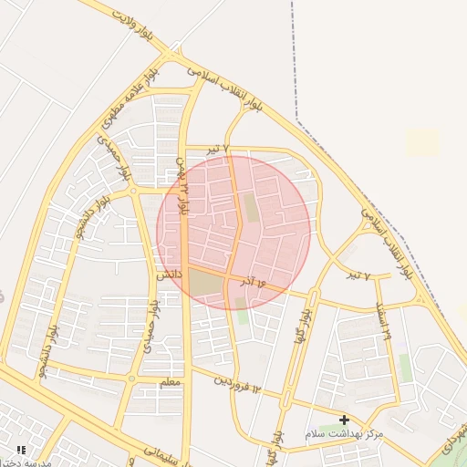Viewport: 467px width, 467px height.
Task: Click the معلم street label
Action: (x=170, y=383)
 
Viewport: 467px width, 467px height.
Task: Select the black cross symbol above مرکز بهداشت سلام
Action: (x=344, y=420)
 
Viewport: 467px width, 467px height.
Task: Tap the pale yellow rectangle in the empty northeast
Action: (x=421, y=142)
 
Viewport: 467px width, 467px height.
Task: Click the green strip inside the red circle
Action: (x=251, y=208)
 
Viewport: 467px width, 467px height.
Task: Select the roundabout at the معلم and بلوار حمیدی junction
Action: (x=133, y=378)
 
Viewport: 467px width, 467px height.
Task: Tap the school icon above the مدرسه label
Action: (x=20, y=451)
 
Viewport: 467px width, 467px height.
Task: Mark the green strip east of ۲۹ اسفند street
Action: (x=404, y=367)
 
